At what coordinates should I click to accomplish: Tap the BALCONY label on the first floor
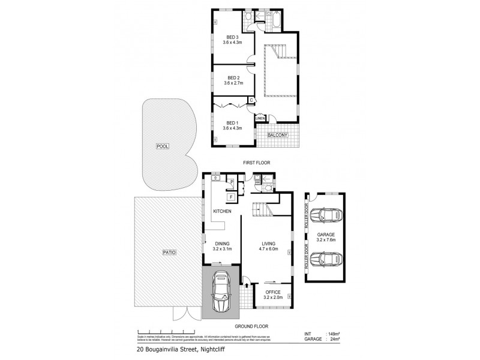coord(278,135)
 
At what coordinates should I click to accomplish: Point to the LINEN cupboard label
coord(260,119)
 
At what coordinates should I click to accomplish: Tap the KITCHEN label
coord(222,211)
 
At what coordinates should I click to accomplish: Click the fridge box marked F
coord(230,196)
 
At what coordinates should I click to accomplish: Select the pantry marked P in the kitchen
coord(230,182)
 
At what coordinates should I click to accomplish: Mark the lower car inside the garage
coord(328,259)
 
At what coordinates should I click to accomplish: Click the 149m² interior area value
coord(334,334)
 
